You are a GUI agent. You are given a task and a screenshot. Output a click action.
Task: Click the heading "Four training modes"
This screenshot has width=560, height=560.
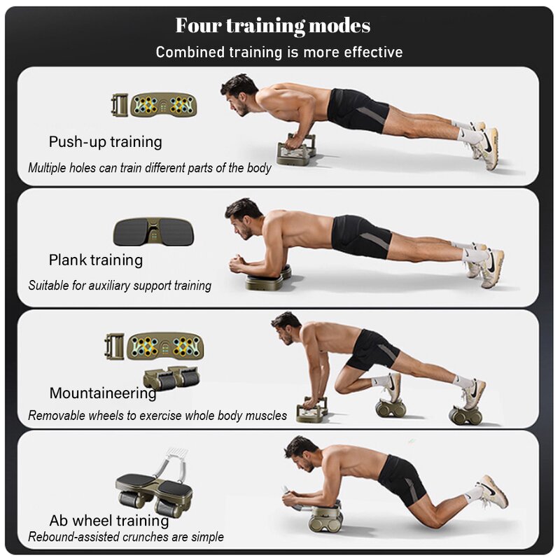[273, 27]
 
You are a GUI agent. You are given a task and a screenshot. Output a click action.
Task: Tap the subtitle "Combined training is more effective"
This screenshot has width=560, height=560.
[279, 52]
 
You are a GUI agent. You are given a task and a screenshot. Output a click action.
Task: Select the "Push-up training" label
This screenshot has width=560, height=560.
[105, 142]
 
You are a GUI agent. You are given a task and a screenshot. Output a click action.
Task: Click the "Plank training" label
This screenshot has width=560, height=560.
[95, 260]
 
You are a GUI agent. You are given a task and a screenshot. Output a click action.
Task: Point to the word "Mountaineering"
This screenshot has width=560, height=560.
[103, 393]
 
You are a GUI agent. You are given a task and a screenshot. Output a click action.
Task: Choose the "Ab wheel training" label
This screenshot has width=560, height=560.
[109, 521]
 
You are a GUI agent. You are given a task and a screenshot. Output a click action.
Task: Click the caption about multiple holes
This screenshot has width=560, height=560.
[150, 168]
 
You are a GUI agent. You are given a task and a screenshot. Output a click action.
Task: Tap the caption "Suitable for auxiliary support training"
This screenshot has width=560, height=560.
[120, 286]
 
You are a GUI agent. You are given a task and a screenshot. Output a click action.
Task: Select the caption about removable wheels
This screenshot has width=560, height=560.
[157, 416]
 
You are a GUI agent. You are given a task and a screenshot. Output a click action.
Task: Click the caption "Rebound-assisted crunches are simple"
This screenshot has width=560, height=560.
[126, 538]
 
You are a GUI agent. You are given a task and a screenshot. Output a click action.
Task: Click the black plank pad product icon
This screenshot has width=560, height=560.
[153, 232]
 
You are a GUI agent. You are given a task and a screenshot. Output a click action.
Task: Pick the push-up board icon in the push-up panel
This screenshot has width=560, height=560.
[163, 105]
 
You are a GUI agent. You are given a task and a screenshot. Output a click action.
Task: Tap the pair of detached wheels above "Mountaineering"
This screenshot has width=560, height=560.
[171, 378]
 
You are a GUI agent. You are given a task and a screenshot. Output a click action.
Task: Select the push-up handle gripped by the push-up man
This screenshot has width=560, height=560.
[297, 150]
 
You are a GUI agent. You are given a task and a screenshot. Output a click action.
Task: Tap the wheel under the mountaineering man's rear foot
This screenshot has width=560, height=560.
[465, 415]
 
